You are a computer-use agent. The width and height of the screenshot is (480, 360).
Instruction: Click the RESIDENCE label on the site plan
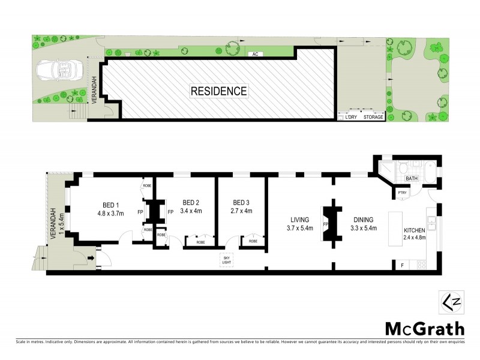(x=218, y=91)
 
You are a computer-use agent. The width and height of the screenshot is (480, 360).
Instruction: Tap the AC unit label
(x=255, y=54)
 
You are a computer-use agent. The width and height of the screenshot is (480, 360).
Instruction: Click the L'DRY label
(x=350, y=117)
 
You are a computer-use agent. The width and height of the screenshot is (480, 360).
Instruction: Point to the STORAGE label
(x=373, y=117)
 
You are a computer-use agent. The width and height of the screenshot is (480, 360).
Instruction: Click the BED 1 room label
(x=109, y=202)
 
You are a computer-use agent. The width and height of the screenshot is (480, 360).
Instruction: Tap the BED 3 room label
(x=241, y=202)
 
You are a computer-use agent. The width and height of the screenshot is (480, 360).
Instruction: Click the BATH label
(x=412, y=178)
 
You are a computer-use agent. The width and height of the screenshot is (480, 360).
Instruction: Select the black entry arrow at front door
(x=92, y=259)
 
